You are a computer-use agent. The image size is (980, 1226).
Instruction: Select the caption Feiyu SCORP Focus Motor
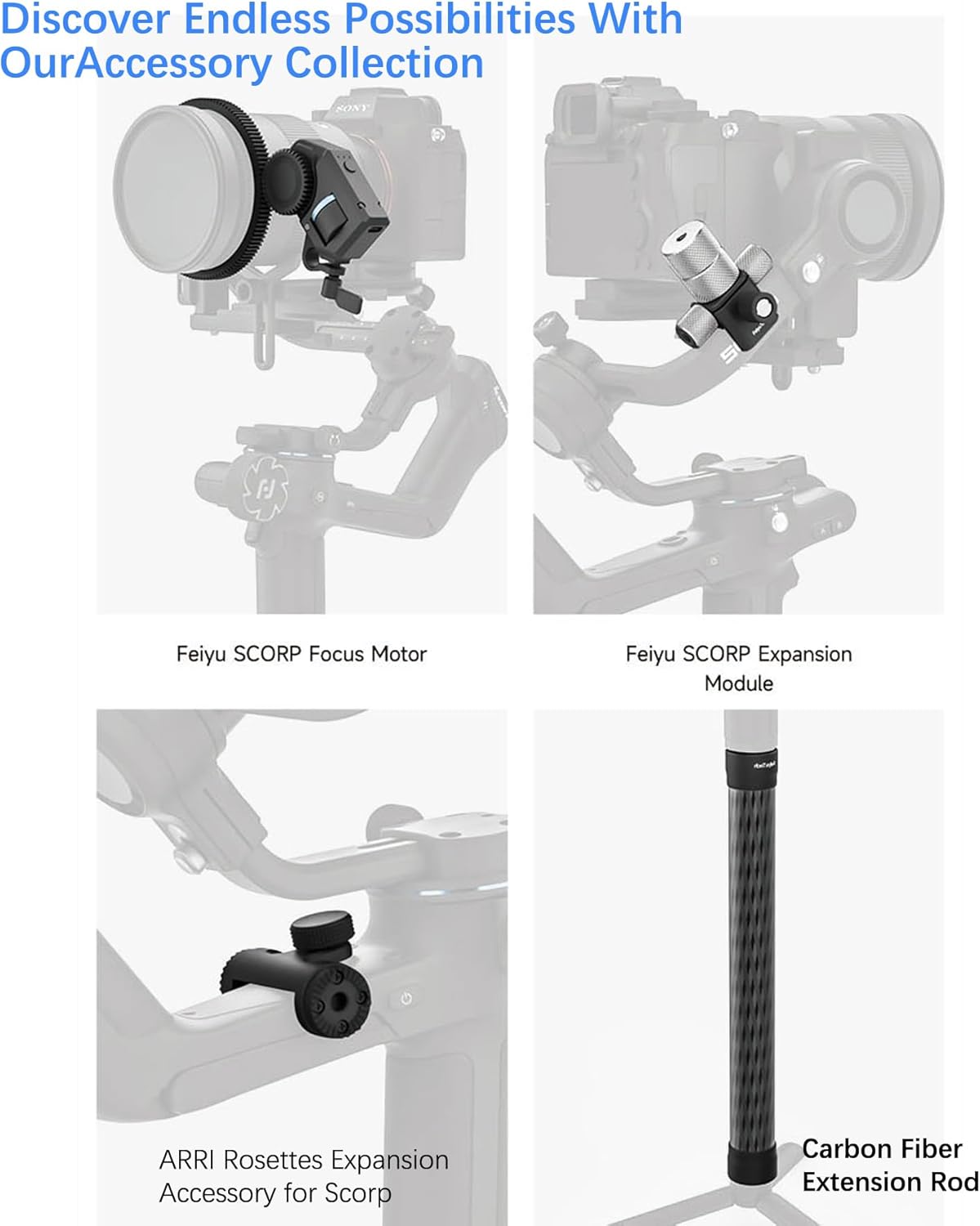click(301, 654)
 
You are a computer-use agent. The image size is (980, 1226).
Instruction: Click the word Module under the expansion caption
click(738, 683)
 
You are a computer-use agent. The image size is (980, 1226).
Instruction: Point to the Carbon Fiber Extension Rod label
click(889, 1166)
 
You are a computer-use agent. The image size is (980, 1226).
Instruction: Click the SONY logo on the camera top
click(352, 108)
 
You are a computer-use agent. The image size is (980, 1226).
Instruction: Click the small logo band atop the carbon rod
click(751, 764)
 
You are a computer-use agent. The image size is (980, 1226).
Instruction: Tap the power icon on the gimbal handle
click(406, 999)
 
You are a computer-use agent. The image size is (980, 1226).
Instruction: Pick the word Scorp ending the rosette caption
click(358, 1193)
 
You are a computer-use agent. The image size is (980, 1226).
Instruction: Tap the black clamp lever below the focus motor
click(342, 291)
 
